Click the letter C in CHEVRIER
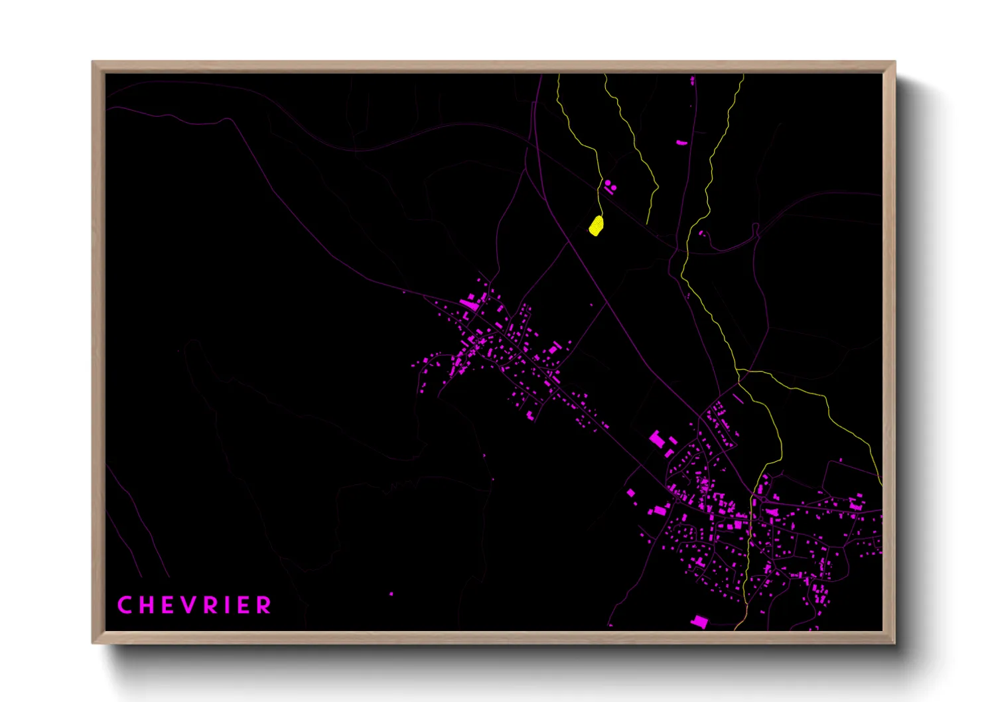click(124, 605)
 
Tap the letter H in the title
click(146, 605)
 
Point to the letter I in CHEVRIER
click(228, 605)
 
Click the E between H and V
click(167, 605)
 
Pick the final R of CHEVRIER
click(265, 605)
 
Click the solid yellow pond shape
click(596, 226)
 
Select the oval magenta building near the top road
click(681, 142)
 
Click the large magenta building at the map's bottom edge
click(699, 621)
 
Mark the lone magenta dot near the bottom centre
click(391, 594)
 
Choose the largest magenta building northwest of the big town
click(657, 439)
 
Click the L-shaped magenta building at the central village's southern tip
click(530, 415)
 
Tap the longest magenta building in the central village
click(468, 305)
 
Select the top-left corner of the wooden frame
click(93, 62)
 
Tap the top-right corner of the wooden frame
click(894, 62)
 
